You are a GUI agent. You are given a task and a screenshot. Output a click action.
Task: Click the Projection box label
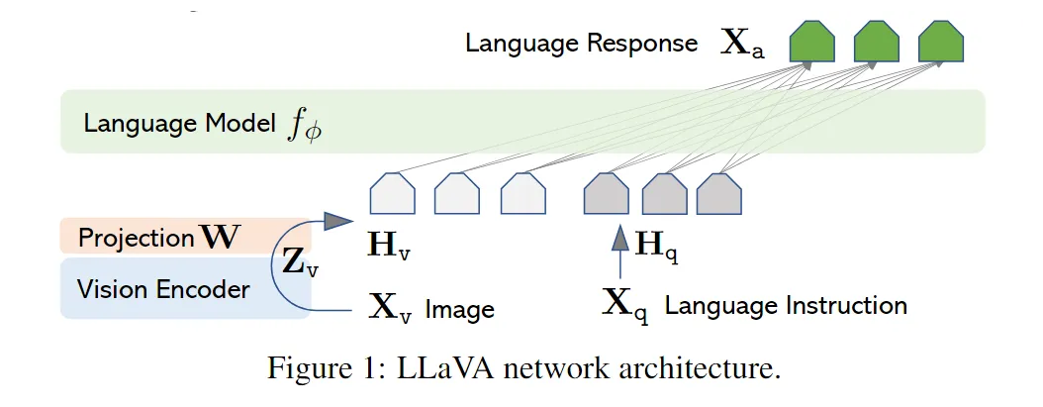[157, 238]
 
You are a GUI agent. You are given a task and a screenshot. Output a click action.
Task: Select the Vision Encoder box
[185, 288]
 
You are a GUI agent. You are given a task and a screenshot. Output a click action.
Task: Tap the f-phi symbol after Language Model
[304, 126]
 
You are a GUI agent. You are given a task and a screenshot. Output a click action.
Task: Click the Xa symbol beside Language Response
[742, 44]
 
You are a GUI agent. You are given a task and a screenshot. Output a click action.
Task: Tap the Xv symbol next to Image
[390, 309]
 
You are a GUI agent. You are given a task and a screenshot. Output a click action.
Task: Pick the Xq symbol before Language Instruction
[625, 304]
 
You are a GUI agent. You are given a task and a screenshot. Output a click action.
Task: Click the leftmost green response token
[812, 42]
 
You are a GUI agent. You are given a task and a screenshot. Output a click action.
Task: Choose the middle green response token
[876, 42]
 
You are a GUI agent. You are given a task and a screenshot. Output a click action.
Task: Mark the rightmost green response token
[940, 42]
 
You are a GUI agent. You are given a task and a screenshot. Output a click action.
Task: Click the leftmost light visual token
[393, 193]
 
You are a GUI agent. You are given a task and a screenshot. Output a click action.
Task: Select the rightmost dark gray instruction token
[719, 193]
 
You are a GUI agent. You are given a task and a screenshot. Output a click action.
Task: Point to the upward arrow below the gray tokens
[619, 251]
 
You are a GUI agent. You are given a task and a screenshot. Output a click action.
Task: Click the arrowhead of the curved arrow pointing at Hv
[337, 220]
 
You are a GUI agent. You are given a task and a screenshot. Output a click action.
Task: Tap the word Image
[459, 310]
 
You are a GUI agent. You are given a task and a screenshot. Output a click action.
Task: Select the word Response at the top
[642, 44]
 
